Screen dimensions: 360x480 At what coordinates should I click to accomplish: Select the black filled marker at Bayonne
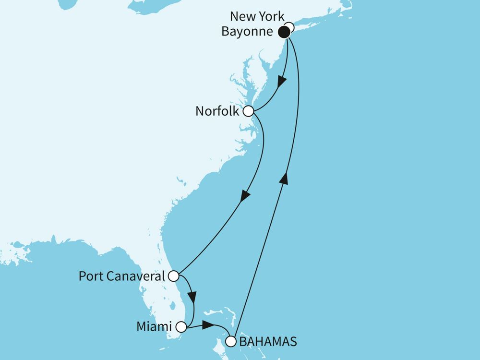284,33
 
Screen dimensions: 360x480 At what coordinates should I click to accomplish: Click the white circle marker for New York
289,27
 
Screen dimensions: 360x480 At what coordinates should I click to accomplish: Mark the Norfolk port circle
248,111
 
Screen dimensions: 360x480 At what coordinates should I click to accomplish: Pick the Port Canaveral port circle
173,276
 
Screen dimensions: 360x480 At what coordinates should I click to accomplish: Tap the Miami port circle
181,327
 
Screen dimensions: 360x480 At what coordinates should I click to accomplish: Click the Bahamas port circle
231,342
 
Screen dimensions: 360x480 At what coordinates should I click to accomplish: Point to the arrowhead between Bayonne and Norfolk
283,82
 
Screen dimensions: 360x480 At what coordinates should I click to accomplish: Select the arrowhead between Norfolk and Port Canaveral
246,196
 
